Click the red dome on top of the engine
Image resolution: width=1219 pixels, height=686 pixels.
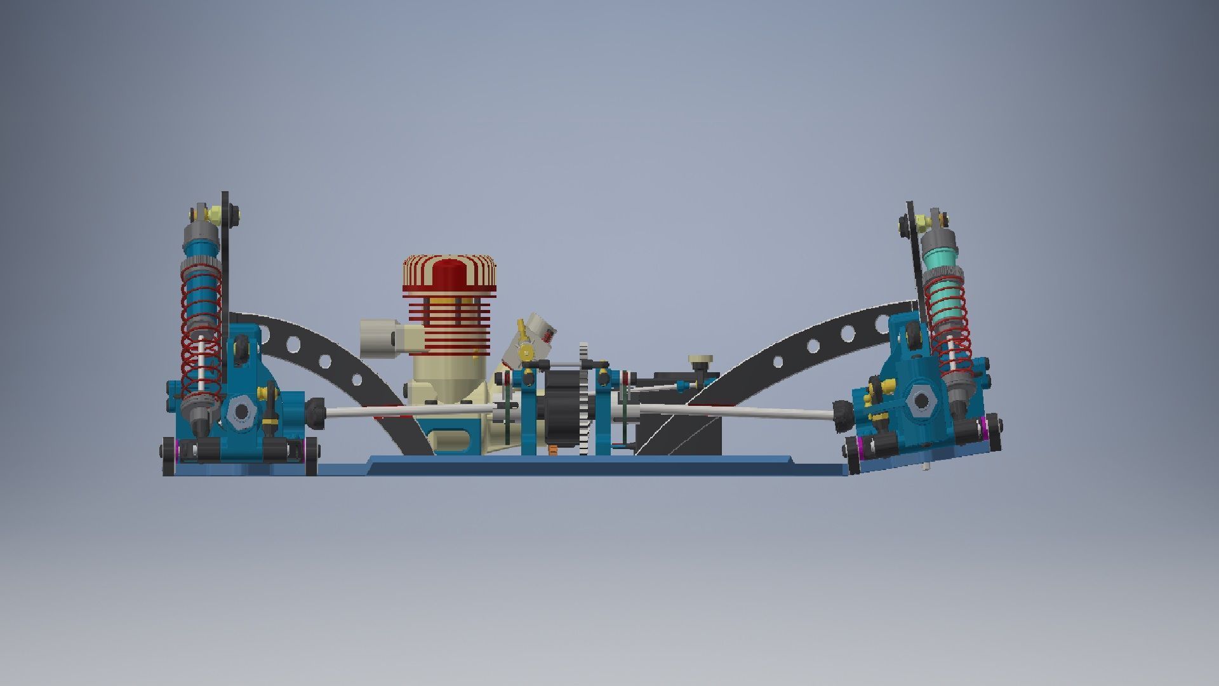[x=450, y=273]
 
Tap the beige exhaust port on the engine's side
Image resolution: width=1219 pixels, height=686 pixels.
[x=380, y=338]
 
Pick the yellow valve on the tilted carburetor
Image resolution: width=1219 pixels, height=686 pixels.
[x=525, y=351]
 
